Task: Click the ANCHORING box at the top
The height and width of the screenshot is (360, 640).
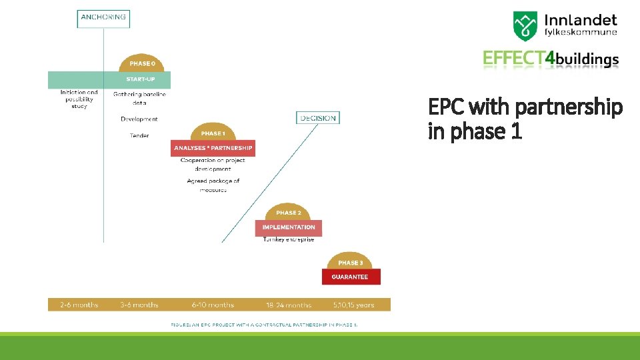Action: (103, 17)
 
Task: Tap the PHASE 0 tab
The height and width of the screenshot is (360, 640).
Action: (142, 63)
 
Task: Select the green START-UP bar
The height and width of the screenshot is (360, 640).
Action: (109, 79)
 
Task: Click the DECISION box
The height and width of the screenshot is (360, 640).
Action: (318, 118)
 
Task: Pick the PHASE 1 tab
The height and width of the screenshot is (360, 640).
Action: (213, 133)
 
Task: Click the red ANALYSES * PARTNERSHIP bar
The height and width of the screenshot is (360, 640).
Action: (213, 147)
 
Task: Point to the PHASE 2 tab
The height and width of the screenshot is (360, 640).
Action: (288, 212)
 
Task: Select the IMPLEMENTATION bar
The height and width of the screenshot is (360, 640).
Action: (288, 227)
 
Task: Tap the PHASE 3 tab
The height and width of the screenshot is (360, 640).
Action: (351, 262)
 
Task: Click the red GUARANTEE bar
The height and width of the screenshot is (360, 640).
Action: (351, 277)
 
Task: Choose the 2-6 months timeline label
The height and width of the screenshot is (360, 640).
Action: (79, 305)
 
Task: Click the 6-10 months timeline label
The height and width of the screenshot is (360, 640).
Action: (213, 305)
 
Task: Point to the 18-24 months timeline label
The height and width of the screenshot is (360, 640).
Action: (289, 305)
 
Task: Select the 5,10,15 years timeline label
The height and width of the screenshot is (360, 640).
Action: (353, 305)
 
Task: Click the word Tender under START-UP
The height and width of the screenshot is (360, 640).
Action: (139, 135)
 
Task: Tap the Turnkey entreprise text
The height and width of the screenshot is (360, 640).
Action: (288, 239)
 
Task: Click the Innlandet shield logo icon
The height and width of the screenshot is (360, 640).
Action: (525, 27)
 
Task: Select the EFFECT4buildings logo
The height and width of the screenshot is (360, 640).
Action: (551, 59)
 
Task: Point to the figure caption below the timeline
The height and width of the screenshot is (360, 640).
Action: (264, 324)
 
